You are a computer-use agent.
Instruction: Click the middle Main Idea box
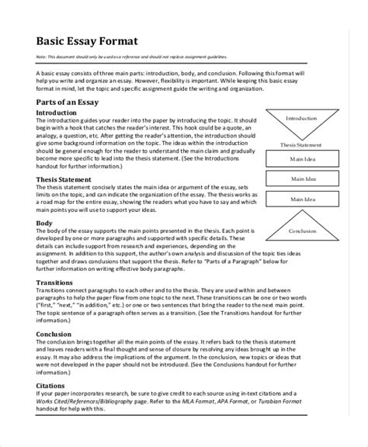(x=302, y=180)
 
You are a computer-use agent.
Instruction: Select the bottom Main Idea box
(x=302, y=199)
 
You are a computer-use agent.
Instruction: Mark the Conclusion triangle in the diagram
(x=302, y=230)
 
